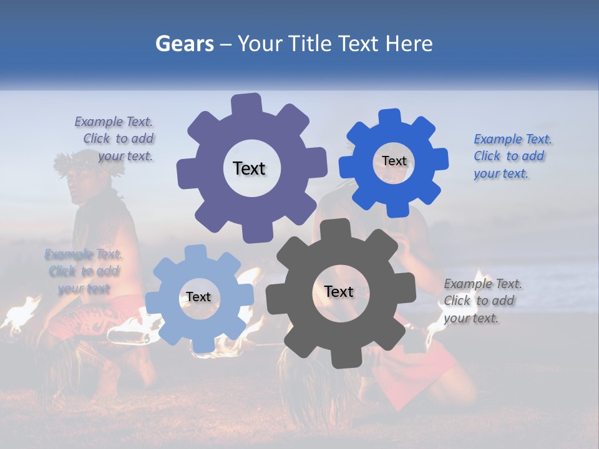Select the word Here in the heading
(409, 44)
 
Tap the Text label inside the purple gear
(249, 168)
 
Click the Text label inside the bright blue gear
(394, 161)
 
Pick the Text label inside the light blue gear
(198, 297)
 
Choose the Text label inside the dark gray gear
(339, 291)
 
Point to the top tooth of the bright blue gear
(389, 117)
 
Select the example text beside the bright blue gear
(512, 156)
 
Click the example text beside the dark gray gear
(482, 301)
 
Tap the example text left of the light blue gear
(83, 271)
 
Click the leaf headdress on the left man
(75, 160)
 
